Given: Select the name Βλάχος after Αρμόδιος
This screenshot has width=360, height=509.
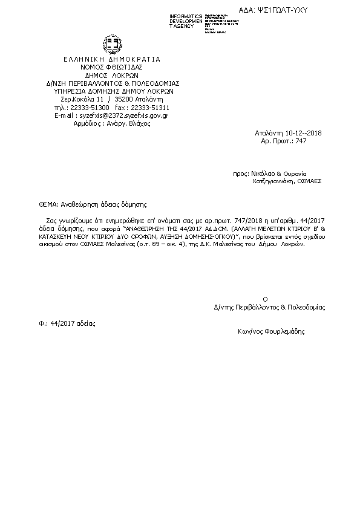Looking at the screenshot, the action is pos(137,123).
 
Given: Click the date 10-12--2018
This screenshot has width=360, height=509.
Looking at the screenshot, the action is pos(293,132).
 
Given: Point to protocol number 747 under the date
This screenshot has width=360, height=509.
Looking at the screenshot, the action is pos(301,140).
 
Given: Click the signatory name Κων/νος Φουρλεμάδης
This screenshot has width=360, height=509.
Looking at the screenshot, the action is pos(271,332).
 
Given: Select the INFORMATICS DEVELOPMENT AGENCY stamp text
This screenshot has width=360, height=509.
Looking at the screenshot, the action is pos(186,21).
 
